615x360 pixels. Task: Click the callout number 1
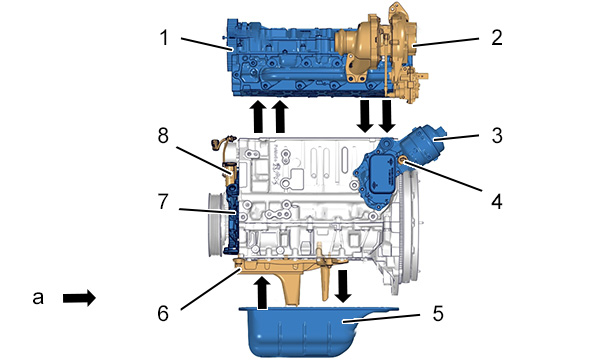coord(164,38)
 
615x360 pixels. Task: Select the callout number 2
coord(497,38)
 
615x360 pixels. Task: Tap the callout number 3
coord(497,136)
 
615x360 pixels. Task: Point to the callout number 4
coord(497,202)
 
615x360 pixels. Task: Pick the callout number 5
coord(438,313)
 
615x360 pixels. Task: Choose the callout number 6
coord(163,313)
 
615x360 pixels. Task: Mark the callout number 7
coord(163,202)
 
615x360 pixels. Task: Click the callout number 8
coord(163,136)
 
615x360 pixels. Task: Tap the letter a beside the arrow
coord(38,298)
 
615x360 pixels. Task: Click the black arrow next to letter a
coord(79,298)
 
